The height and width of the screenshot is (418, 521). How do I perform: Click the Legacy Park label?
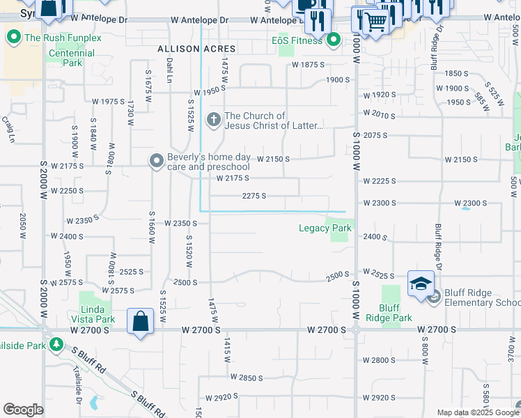[x=325, y=228]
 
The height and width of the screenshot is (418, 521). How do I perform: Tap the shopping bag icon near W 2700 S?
[x=140, y=321]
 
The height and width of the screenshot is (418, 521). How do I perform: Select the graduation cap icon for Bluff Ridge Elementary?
[x=421, y=283]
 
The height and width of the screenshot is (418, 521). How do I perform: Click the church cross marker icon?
[x=214, y=121]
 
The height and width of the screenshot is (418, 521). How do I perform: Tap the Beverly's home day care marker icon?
[x=157, y=161]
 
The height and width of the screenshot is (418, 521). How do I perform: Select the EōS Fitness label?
[x=297, y=40]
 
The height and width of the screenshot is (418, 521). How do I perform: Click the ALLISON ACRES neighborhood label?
[x=196, y=49]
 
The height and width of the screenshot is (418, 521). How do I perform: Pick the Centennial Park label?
[x=72, y=58]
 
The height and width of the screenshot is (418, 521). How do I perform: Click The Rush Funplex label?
[x=63, y=37]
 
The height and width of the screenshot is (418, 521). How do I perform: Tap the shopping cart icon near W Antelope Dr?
[x=375, y=22]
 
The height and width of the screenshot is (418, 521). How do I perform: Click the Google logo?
[x=23, y=410]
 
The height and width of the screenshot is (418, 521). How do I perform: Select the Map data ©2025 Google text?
[x=477, y=412]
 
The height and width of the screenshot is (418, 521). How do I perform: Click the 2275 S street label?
[x=254, y=196]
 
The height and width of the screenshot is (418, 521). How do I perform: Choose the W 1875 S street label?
[x=309, y=65]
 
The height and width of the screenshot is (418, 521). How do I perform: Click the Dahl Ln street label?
[x=169, y=70]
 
